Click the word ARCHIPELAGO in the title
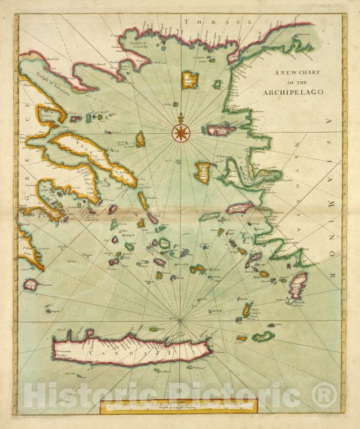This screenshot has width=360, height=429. click(x=292, y=91)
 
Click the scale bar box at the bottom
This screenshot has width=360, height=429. click(x=178, y=405)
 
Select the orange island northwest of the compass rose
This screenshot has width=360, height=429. click(x=190, y=80)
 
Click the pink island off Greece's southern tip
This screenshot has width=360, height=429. click(x=30, y=285)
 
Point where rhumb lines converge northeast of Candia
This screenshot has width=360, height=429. click(x=180, y=321)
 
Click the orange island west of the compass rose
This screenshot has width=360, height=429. click(x=141, y=139)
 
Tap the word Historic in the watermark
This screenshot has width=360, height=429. click(x=79, y=393)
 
